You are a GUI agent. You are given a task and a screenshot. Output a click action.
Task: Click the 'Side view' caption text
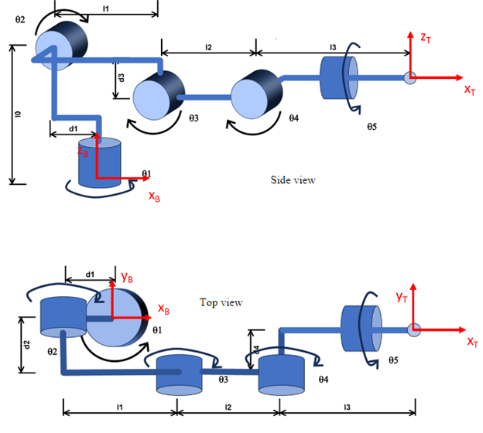[293, 180]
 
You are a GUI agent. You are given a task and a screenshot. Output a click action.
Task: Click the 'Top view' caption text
[221, 302]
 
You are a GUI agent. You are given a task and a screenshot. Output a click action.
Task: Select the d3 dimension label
[121, 77]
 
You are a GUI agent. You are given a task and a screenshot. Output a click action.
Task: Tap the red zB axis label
[84, 152]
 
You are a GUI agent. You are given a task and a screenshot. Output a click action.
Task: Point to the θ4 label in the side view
[293, 118]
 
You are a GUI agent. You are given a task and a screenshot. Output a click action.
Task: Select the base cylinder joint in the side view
[101, 162]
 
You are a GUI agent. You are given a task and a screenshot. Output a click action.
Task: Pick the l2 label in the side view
[208, 48]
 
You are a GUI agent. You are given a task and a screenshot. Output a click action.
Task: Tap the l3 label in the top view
[346, 405]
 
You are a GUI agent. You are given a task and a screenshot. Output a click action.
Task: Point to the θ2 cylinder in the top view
[61, 316]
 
